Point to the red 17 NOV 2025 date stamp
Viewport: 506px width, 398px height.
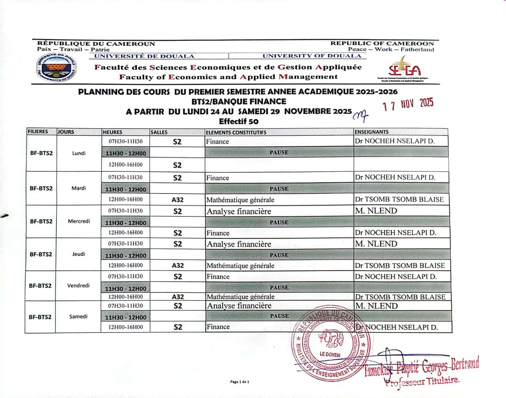point(408,104)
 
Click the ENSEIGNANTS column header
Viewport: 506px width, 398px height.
point(372,132)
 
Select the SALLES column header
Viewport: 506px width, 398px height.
point(159,132)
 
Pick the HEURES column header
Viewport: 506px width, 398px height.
point(113,132)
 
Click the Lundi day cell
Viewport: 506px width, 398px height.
point(79,153)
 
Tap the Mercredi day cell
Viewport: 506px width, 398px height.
point(79,221)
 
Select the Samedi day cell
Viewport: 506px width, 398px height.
point(78,317)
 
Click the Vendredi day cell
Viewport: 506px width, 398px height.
point(78,285)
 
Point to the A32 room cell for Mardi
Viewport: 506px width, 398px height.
point(177,200)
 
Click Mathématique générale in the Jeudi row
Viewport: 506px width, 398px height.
point(240,265)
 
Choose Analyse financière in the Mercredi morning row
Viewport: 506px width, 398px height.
point(239,211)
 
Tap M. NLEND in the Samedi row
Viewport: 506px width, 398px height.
point(376,306)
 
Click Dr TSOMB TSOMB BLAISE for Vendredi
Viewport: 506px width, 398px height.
point(400,297)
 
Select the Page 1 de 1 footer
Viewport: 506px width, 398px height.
point(240,382)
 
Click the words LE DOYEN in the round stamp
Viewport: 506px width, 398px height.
point(330,354)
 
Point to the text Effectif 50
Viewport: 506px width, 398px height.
point(239,121)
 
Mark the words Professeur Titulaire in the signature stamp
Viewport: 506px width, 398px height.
point(422,381)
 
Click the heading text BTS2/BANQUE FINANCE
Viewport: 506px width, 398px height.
point(239,101)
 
